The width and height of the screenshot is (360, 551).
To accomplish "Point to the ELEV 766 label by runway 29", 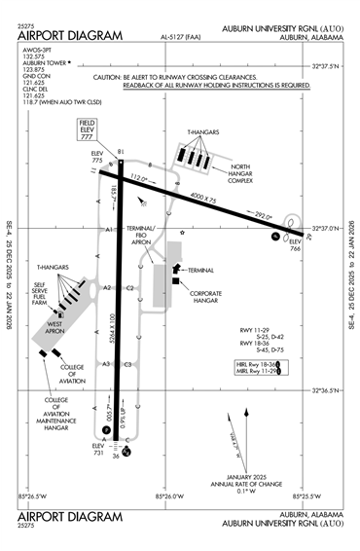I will (x=296, y=246).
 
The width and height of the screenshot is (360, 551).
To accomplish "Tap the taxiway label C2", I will (x=129, y=288).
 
